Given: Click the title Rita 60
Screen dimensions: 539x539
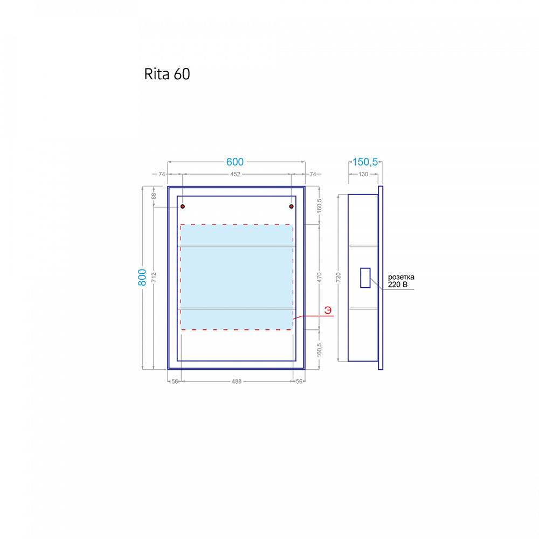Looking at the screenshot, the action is [167, 74].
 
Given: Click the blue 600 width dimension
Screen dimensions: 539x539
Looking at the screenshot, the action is [235, 162].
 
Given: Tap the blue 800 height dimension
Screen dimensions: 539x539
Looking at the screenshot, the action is [142, 278].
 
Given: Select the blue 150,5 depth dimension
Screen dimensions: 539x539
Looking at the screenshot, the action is [365, 162].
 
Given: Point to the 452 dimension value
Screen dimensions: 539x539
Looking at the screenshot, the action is [235, 174].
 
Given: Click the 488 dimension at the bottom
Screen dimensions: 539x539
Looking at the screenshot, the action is [237, 381].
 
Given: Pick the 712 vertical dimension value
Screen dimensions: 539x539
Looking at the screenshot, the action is [154, 278].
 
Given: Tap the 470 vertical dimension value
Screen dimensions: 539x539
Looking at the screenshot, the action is [319, 278].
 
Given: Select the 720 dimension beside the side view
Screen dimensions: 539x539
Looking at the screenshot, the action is [338, 278].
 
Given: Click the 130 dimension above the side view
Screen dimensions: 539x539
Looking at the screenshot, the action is [363, 174].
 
